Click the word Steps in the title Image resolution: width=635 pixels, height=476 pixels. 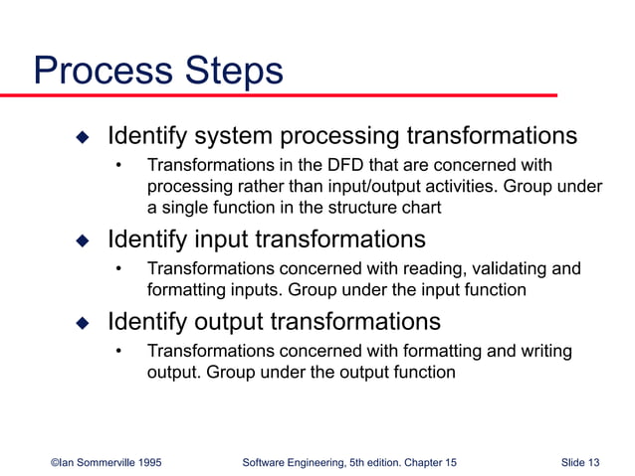(x=233, y=72)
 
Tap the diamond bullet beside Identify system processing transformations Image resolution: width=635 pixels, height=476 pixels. (x=83, y=135)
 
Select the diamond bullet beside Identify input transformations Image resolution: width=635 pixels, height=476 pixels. (x=83, y=240)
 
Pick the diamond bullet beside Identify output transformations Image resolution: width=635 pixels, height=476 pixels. (x=83, y=322)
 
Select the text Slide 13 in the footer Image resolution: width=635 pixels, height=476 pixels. (x=580, y=463)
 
